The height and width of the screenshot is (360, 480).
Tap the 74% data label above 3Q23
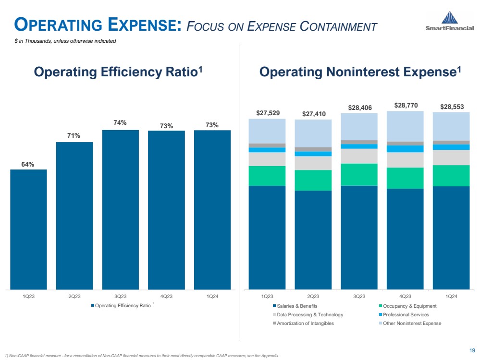120,123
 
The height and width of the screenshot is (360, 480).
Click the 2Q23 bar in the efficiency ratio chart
74,216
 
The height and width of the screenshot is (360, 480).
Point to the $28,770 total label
405,104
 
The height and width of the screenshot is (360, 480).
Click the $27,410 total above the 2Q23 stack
313,114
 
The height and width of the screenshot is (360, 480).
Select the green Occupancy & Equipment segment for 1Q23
267,176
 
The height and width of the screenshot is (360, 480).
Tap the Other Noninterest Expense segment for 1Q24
451,126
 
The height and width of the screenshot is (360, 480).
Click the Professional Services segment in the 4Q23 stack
405,149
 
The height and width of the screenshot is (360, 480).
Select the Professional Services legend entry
401,314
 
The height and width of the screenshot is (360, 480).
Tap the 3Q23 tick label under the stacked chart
359,296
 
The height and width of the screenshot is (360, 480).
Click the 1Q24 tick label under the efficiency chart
212,296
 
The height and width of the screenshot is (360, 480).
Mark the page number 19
472,350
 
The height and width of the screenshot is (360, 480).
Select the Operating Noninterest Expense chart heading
360,72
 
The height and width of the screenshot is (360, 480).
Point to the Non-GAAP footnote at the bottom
141,355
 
